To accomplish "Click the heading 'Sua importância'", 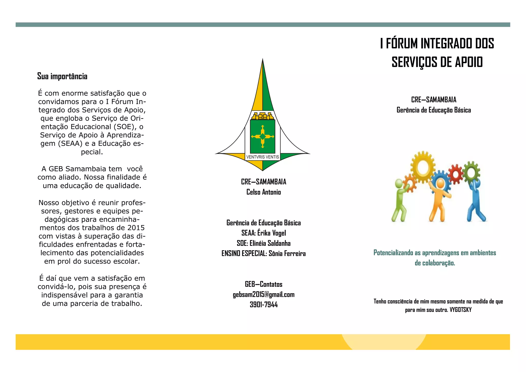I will click(62, 76).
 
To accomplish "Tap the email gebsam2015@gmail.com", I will click(264, 294).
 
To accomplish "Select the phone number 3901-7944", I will click(264, 305).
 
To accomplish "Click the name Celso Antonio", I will click(264, 192).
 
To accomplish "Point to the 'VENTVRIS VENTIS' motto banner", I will click(262, 157).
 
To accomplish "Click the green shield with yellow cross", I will click(262, 136).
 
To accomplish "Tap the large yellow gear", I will click(422, 167).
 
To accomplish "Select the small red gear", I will click(456, 174).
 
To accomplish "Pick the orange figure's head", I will click(440, 183).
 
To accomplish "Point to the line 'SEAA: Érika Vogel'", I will click(264, 233).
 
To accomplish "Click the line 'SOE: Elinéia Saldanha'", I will click(264, 243).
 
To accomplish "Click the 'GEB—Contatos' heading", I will click(264, 284).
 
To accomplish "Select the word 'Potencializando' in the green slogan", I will click(393, 253).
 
